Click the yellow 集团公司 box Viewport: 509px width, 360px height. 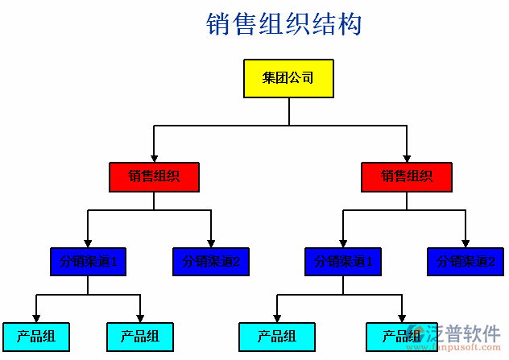[288, 78]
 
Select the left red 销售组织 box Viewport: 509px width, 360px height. [154, 177]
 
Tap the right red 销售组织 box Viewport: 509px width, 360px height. [407, 177]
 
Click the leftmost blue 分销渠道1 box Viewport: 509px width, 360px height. [89, 261]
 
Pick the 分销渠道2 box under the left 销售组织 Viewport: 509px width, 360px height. [211, 261]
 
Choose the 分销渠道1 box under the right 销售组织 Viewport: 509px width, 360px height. [343, 261]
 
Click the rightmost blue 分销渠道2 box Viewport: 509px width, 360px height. [466, 261]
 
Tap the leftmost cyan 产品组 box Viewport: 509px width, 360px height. [35, 336]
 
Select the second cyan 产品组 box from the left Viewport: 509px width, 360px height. [139, 336]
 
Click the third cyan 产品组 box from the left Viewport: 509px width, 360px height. [276, 336]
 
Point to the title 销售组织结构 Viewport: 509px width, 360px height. [284, 24]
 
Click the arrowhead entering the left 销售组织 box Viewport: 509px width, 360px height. [154, 158]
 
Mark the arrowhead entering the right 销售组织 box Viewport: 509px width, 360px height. [407, 158]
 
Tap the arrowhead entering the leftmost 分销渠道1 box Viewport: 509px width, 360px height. [88, 242]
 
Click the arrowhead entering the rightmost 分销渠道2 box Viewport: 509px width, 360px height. [466, 242]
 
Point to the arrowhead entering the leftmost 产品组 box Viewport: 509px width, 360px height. [35, 318]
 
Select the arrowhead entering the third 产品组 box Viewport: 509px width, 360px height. [276, 318]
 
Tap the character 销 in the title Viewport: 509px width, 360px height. [219, 24]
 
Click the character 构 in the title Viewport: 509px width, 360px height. [350, 24]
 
